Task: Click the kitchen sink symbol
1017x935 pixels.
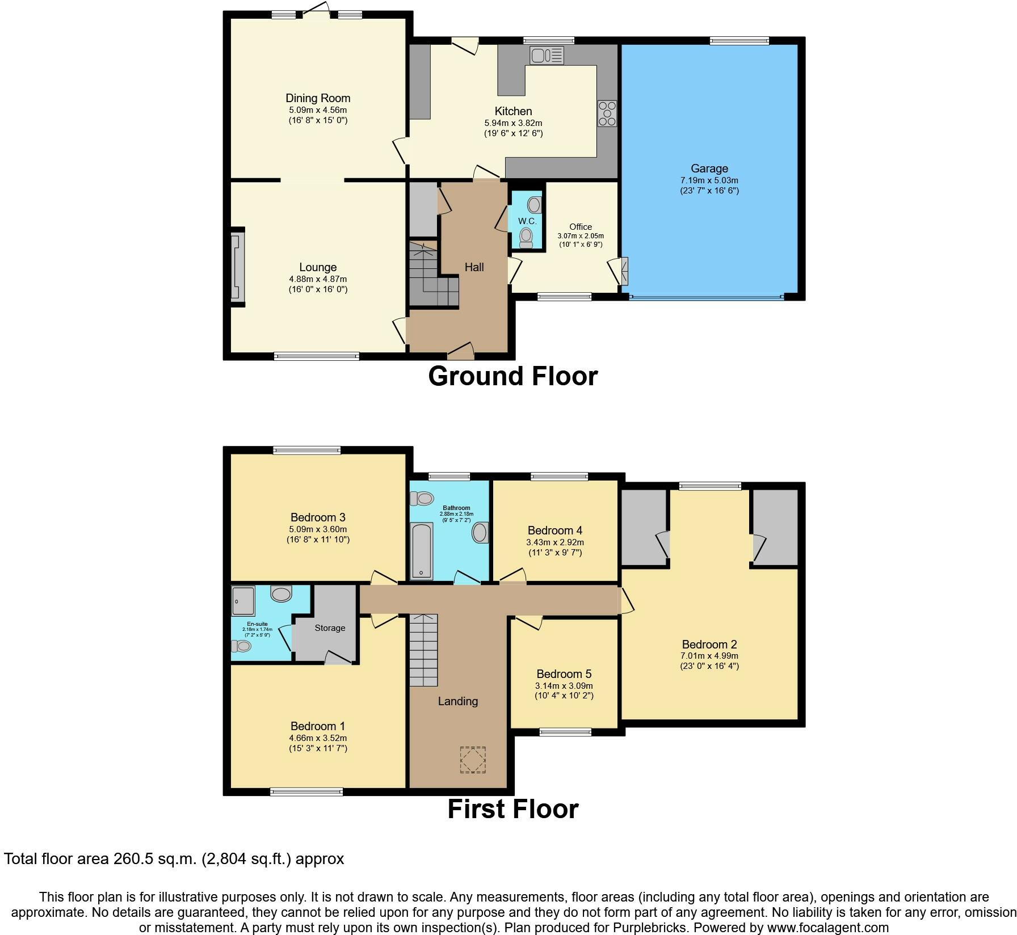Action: click(x=547, y=56)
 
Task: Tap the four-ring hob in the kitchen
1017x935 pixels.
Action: click(x=607, y=113)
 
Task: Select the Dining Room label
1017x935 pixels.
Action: click(x=318, y=98)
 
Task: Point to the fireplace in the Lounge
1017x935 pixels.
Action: click(x=237, y=267)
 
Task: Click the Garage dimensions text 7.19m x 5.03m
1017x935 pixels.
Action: click(x=709, y=180)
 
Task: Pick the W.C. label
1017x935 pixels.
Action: click(x=527, y=221)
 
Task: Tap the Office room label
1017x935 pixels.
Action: click(x=581, y=227)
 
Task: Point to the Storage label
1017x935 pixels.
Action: click(x=330, y=628)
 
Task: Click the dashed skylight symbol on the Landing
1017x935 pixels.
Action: click(x=472, y=760)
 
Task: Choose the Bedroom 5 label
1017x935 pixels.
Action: click(x=564, y=674)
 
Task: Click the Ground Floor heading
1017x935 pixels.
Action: click(x=512, y=376)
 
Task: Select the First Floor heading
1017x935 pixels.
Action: click(x=512, y=809)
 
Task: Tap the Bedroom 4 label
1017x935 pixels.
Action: click(x=555, y=530)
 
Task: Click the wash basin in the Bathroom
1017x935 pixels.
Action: click(x=480, y=533)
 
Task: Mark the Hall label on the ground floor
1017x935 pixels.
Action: click(x=474, y=267)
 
